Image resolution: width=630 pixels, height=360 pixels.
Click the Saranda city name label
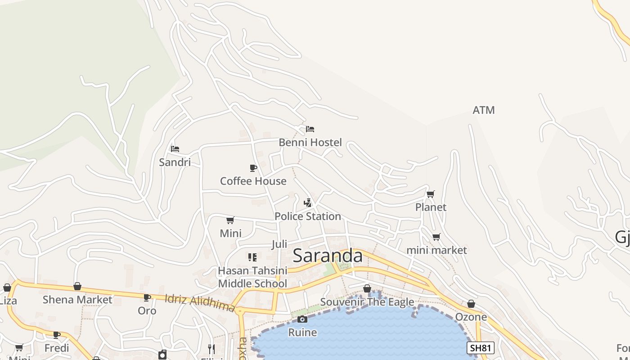point(327,256)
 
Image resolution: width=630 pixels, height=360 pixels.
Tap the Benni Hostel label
point(310,143)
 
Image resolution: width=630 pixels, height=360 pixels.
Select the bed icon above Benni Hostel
point(310,129)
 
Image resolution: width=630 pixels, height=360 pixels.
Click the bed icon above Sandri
point(175,148)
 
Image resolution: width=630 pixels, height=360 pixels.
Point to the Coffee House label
point(253,181)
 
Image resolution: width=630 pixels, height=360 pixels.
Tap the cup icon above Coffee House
point(253,168)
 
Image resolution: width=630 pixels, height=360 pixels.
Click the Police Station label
point(308,216)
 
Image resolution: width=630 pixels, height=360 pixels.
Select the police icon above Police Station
point(308,203)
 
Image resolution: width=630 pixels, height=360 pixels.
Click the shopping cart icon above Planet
point(431,194)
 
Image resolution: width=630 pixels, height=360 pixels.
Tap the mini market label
point(436,250)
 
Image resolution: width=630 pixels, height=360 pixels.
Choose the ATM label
point(484,110)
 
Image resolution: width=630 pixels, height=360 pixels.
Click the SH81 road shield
point(481,348)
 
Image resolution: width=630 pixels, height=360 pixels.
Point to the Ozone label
point(471,317)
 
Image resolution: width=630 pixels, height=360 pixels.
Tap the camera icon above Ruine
point(302,319)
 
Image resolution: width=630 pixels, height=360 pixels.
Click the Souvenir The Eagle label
point(367,301)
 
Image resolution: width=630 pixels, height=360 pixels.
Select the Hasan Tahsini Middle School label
point(252,277)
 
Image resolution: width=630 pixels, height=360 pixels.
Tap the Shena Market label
point(77,300)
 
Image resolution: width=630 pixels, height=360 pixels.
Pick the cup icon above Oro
point(147,297)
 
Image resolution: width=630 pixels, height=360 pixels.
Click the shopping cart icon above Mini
point(230,220)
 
